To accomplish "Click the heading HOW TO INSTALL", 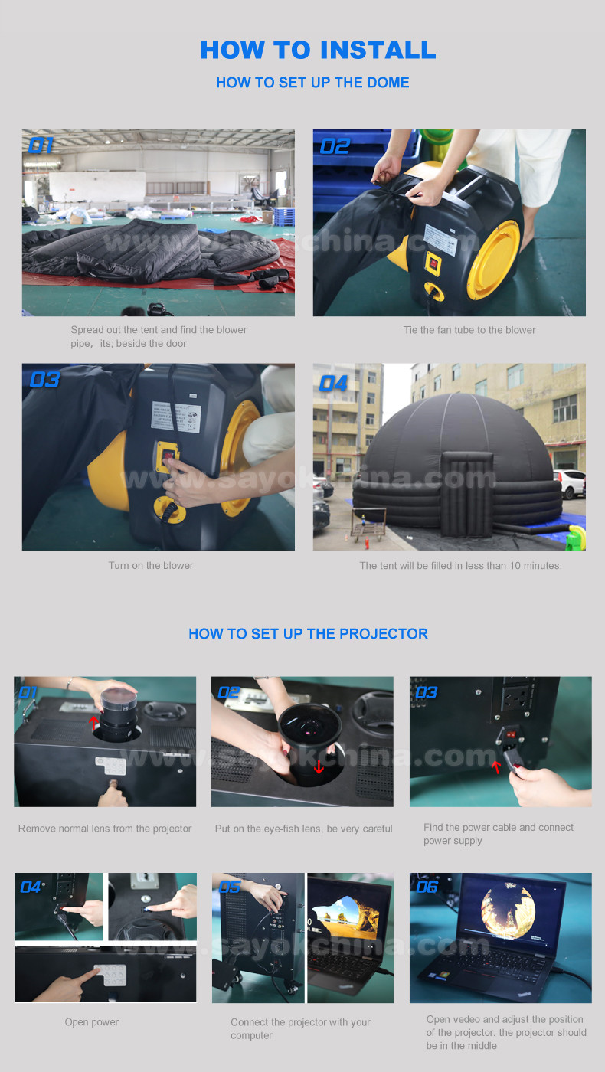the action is click(318, 50).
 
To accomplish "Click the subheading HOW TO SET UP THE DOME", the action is click(312, 83).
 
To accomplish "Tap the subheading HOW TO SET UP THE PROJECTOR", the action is click(308, 634).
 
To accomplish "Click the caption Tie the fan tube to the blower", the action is click(469, 330).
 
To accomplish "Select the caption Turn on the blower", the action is click(151, 565).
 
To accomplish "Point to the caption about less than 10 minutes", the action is click(460, 565).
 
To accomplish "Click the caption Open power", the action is click(92, 1021).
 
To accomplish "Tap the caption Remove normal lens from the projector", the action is click(105, 829).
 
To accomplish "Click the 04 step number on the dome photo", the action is click(333, 384).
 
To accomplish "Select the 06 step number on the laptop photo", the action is click(427, 887).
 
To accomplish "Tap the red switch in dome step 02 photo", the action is click(433, 263).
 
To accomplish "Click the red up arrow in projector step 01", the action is click(93, 722).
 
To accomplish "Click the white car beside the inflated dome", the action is click(570, 483).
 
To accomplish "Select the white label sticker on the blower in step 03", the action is click(176, 417).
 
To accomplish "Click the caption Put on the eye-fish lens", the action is click(303, 829).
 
